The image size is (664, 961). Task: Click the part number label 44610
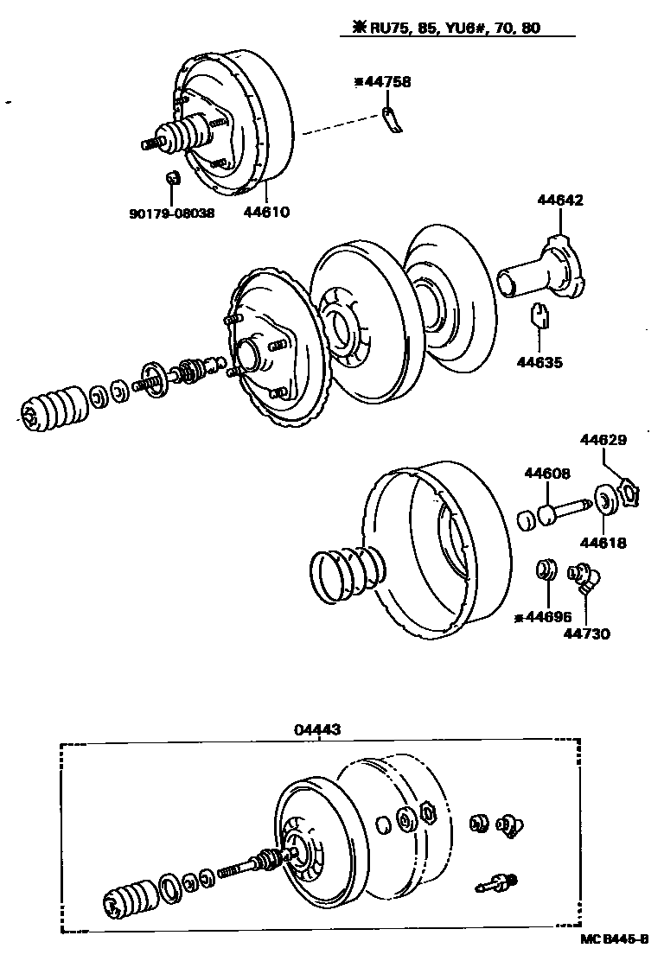[x=267, y=211]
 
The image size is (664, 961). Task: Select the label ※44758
[x=382, y=82]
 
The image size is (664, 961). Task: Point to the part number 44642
[x=560, y=200]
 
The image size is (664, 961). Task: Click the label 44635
[x=539, y=362]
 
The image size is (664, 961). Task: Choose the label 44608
[x=546, y=473]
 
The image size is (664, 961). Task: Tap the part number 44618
[x=603, y=543]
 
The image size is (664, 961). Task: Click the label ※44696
[x=541, y=616]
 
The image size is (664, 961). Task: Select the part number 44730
[x=587, y=633]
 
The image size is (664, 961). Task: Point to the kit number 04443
[x=317, y=729]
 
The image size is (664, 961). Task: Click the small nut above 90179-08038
[x=171, y=178]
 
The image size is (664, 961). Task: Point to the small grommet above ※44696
[x=546, y=570]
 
